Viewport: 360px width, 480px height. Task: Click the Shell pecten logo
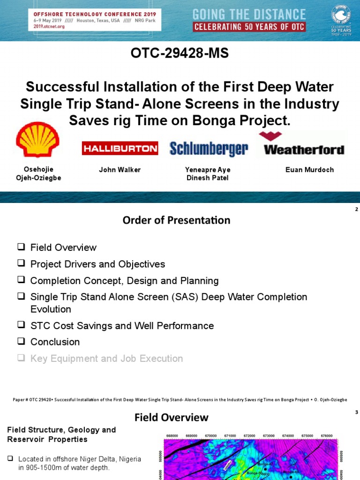[x=37, y=139]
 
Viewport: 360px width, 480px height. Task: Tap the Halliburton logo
[x=120, y=149]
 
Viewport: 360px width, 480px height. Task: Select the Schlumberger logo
[x=209, y=149]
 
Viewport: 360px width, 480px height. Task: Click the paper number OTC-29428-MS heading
[x=180, y=53]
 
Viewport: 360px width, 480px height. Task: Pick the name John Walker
[x=120, y=170]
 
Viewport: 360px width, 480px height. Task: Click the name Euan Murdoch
[x=309, y=170]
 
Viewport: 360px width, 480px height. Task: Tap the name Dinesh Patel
[x=207, y=178]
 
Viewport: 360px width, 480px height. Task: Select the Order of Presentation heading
[x=176, y=220]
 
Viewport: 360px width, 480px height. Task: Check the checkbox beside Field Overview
[x=21, y=247]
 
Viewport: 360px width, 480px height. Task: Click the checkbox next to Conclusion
[x=21, y=342]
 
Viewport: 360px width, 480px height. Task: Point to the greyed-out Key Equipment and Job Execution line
[x=106, y=359]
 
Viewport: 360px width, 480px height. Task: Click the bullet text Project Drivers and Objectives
[x=97, y=264]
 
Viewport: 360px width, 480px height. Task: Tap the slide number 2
[x=356, y=210]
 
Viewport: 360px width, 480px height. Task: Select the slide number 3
[x=356, y=412]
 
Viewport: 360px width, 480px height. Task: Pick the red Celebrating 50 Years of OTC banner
[x=249, y=27]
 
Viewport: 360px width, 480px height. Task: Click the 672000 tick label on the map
[x=249, y=435]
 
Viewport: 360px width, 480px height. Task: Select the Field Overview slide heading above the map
[x=172, y=417]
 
